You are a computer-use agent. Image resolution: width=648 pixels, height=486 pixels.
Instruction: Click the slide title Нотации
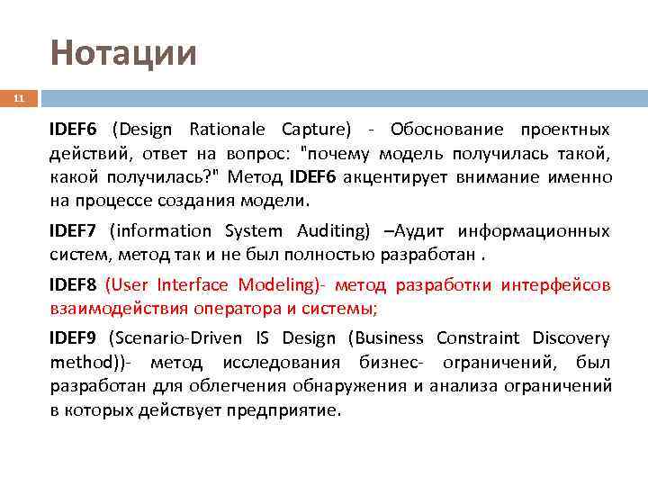[x=123, y=53]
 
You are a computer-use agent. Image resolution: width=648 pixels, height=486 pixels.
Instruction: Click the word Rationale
[x=230, y=129]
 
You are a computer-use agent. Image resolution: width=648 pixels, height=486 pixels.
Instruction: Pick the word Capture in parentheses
[x=315, y=129]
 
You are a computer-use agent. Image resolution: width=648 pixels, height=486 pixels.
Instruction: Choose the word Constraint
[x=477, y=338]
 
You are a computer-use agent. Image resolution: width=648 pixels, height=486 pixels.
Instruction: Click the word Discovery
[x=571, y=338]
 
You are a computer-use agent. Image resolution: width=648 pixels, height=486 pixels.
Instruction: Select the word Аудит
[x=420, y=231]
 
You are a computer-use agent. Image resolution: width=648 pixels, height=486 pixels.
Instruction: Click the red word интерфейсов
[x=558, y=285]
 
